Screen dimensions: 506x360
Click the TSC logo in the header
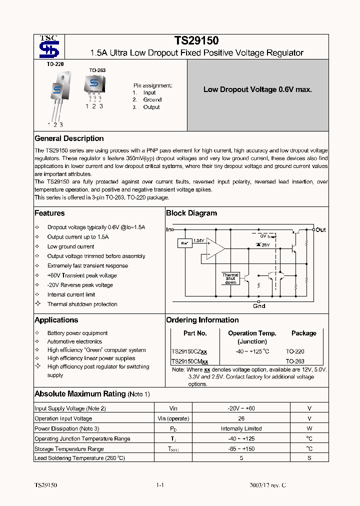pos(49,46)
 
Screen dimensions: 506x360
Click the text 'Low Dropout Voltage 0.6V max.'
pos(257,89)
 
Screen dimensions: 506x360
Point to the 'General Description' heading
pos(69,138)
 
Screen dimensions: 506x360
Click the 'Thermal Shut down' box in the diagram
pos(230,278)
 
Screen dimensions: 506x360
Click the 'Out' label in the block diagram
pos(320,230)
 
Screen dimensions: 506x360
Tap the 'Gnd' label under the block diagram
pos(259,306)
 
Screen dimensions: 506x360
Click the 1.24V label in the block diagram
pos(198,240)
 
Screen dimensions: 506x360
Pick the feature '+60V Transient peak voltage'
pos(82,275)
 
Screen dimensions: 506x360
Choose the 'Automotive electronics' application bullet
pos(74,341)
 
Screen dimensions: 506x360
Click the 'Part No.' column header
pos(195,333)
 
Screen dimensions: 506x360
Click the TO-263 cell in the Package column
pos(295,361)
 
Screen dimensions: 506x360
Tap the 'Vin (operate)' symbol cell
pos(173,418)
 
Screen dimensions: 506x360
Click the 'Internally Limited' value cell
pos(241,428)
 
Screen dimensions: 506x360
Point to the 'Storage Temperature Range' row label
pos(69,449)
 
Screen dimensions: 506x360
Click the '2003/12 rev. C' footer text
pos(268,485)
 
